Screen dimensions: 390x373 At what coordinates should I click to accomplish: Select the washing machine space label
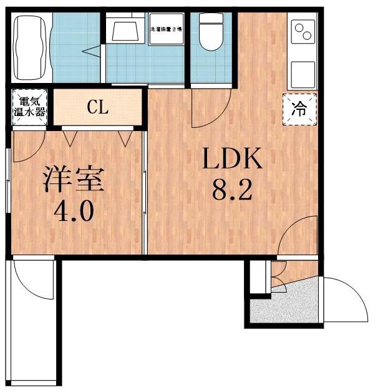166,29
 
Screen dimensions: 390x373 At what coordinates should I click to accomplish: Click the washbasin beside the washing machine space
124,28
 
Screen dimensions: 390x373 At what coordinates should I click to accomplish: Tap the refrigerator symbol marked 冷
300,109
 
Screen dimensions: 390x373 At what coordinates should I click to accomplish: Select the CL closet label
98,107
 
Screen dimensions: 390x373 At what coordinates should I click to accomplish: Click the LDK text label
230,160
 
